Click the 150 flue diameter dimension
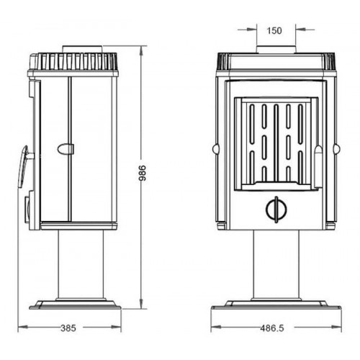(x=274, y=31)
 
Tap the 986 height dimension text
(x=143, y=173)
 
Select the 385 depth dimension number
(x=68, y=328)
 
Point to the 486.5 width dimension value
(x=272, y=328)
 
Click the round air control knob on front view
(x=276, y=210)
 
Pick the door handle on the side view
(x=24, y=166)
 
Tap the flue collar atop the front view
(x=276, y=49)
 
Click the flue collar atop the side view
(x=83, y=49)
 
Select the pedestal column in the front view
(x=276, y=264)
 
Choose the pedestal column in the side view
(x=81, y=264)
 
